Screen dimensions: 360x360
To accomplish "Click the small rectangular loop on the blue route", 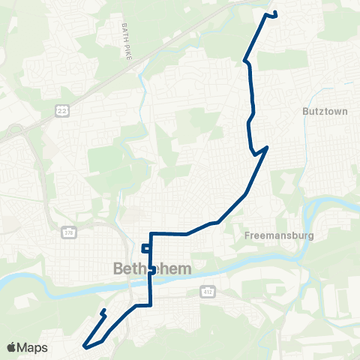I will [x=146, y=249].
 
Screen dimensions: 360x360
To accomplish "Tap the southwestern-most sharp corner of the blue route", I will [x=85, y=346].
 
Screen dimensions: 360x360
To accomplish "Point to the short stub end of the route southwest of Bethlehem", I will [x=102, y=310].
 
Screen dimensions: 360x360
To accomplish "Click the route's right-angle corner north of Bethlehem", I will [x=152, y=233].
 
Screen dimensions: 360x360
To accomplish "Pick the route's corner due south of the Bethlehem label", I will [x=151, y=305].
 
